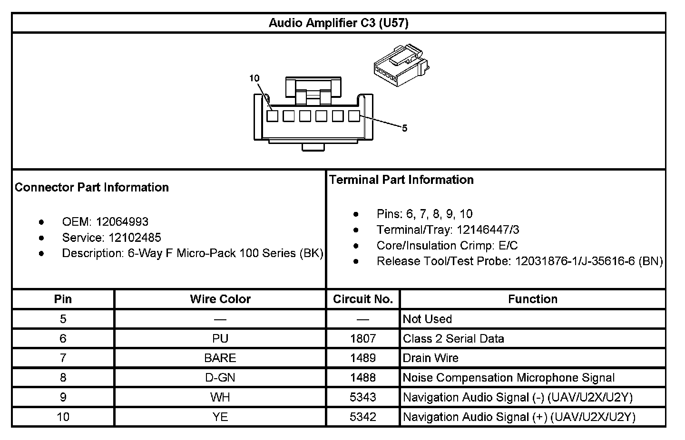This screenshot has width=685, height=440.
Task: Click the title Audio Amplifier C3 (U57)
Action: click(x=338, y=23)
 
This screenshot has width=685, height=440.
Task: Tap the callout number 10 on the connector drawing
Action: click(x=254, y=78)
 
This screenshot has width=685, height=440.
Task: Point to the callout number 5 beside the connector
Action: click(x=404, y=128)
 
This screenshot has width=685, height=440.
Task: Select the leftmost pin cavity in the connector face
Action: click(x=272, y=116)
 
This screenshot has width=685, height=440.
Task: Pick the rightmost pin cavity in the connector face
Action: click(x=353, y=116)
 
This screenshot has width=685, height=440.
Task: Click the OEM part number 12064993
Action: click(x=122, y=222)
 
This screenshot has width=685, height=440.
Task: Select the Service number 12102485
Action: click(x=135, y=238)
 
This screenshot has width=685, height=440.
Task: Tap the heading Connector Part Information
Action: click(x=92, y=187)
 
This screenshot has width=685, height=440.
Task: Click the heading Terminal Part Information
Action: click(x=401, y=180)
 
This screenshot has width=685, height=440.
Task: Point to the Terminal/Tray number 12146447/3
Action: click(x=488, y=230)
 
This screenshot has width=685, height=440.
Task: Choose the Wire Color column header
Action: click(x=220, y=299)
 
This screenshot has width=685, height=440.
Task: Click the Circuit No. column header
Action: click(x=362, y=299)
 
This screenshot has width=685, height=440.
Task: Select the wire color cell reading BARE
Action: click(x=220, y=358)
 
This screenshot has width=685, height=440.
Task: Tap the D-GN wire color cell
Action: click(x=220, y=378)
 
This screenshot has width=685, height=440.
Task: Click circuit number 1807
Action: click(x=362, y=338)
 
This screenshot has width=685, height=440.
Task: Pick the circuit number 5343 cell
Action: click(x=362, y=397)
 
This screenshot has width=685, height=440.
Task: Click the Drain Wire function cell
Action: click(x=431, y=358)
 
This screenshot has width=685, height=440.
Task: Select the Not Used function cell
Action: click(x=427, y=319)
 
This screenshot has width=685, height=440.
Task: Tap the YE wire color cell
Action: click(x=220, y=417)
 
